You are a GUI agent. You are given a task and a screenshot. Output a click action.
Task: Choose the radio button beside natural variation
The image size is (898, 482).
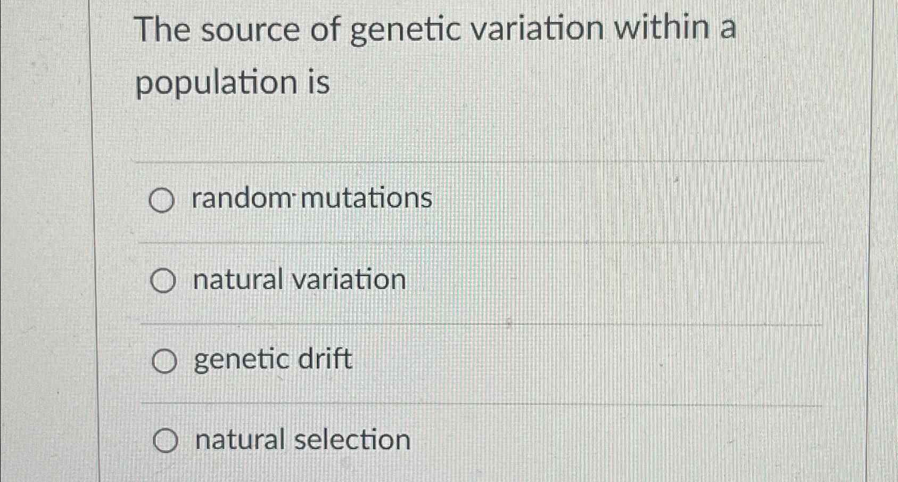click(162, 281)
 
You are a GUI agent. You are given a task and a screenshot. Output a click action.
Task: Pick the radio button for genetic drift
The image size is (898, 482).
click(164, 362)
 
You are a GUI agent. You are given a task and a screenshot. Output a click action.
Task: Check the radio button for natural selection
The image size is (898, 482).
click(165, 442)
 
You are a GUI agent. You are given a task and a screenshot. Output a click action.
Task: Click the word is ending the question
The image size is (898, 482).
click(318, 83)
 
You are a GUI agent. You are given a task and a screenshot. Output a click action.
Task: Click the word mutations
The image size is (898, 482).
click(367, 198)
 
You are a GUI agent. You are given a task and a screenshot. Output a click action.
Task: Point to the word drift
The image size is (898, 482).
click(325, 359)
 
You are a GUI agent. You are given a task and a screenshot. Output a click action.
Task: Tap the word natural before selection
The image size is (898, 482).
click(240, 440)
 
